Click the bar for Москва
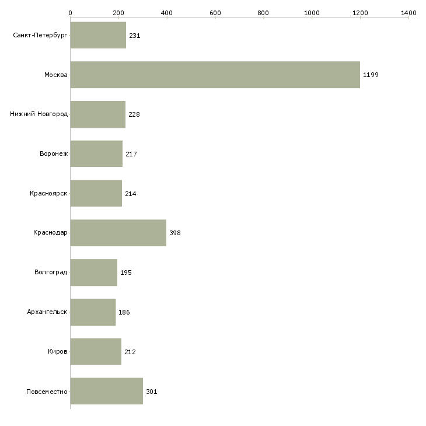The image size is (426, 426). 215,75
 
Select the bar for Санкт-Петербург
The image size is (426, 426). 98,35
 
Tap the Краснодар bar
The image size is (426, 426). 118,233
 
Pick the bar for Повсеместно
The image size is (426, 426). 106,391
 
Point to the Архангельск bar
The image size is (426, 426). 93,312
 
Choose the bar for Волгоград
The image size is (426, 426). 94,273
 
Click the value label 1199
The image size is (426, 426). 371,75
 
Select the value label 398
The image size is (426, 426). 175,233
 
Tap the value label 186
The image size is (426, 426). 124,312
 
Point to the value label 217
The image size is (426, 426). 131,154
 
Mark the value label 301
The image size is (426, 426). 152,392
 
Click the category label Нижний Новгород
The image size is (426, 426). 39,114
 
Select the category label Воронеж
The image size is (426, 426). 54,154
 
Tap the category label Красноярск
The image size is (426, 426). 48,193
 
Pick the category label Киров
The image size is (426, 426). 58,351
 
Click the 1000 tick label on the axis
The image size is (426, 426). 312,13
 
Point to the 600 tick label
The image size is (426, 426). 215,13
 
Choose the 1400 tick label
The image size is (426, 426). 408,13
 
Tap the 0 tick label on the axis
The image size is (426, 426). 71,13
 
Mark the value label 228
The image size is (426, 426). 134,114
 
